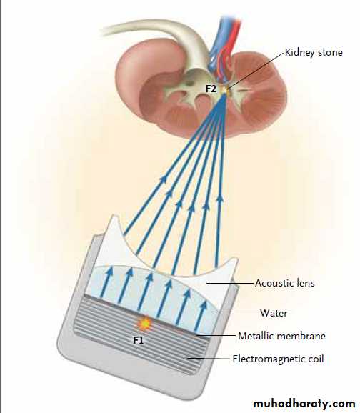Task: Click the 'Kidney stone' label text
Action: pyautogui.click(x=314, y=52)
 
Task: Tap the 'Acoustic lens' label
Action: pyautogui.click(x=285, y=283)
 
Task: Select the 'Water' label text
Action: pyautogui.click(x=274, y=313)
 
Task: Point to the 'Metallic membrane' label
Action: pyautogui.click(x=281, y=336)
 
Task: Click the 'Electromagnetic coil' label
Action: pyautogui.click(x=278, y=359)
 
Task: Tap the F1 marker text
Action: pyautogui.click(x=139, y=340)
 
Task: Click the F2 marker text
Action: pyautogui.click(x=211, y=89)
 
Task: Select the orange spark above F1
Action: pyautogui.click(x=144, y=323)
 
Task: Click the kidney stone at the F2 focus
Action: pyautogui.click(x=226, y=90)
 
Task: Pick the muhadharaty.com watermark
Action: pyautogui.click(x=304, y=404)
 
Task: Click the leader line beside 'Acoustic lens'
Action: pyautogui.click(x=230, y=284)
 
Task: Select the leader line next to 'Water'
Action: pyautogui.click(x=236, y=314)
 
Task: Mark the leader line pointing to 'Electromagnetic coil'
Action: pyautogui.click(x=209, y=359)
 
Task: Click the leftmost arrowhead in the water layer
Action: pyautogui.click(x=109, y=271)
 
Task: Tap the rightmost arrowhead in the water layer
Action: pyautogui.click(x=204, y=305)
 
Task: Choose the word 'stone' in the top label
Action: pyautogui.click(x=330, y=52)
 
